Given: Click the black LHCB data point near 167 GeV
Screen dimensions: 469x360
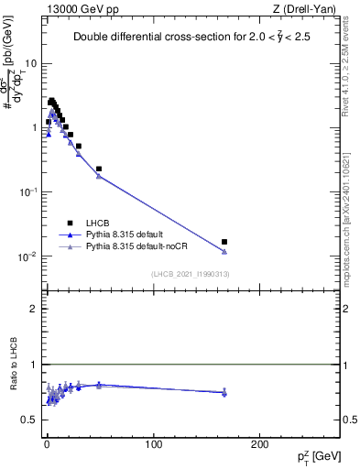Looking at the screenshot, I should [x=224, y=242].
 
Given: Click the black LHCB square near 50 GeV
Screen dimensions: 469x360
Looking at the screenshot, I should [x=99, y=169].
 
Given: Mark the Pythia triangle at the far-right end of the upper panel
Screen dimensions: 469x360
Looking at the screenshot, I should [x=224, y=252].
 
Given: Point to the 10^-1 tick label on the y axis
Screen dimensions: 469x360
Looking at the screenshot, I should [x=30, y=191].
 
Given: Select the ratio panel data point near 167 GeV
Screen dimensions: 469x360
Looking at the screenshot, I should [x=224, y=392].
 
